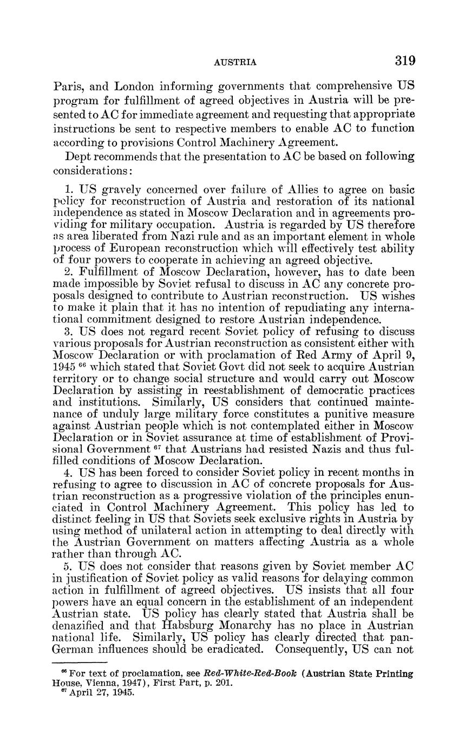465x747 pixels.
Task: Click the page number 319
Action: [404, 61]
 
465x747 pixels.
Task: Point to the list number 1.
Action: [68, 190]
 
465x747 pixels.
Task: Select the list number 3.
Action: [68, 331]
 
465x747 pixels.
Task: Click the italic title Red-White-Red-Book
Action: [241, 674]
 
